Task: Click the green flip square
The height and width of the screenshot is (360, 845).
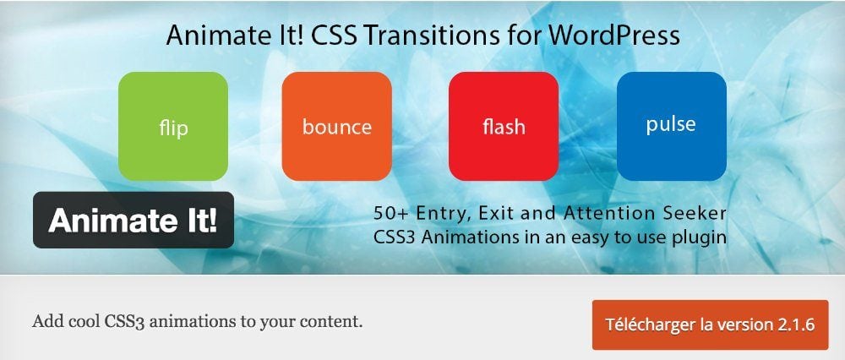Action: coord(173,127)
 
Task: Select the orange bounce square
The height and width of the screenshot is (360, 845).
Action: coord(336,127)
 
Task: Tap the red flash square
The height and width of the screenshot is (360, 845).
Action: coord(504,127)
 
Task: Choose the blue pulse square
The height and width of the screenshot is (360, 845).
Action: coord(671,125)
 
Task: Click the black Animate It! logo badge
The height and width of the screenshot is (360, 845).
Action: coord(134,220)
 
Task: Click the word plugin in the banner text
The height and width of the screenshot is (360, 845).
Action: coord(699,237)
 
